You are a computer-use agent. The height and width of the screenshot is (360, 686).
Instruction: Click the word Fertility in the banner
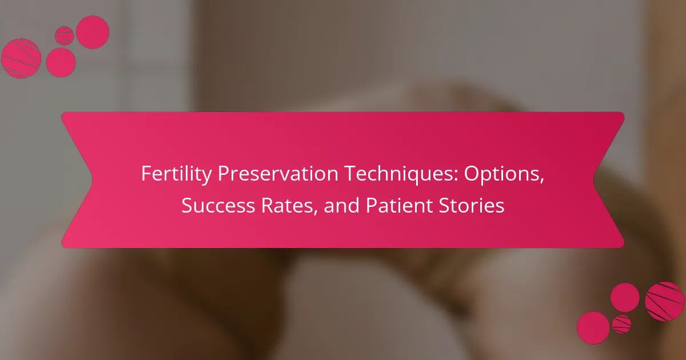[x=176, y=174]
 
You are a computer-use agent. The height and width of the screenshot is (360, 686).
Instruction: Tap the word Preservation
[x=278, y=173]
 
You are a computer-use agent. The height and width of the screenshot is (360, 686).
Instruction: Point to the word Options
[x=504, y=174]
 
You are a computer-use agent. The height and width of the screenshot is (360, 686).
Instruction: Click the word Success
[x=218, y=205]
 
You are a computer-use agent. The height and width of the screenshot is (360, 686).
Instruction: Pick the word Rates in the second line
[x=289, y=206]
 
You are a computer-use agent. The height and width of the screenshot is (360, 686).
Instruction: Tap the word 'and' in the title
[x=341, y=205]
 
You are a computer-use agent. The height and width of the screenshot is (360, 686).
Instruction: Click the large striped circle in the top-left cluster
[x=21, y=58]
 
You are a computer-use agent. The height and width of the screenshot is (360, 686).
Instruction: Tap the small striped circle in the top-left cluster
[x=64, y=36]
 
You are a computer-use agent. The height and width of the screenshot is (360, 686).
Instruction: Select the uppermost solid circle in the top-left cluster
[x=93, y=32]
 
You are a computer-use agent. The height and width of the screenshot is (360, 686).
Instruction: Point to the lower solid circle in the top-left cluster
[x=61, y=62]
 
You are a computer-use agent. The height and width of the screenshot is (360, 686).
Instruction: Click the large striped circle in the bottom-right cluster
[x=664, y=302]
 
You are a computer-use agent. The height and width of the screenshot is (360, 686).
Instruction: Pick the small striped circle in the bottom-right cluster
[x=622, y=324]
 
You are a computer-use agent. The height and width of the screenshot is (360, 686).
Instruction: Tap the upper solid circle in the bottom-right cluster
[x=625, y=298]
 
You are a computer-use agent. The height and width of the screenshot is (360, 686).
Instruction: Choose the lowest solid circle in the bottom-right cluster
[x=593, y=328]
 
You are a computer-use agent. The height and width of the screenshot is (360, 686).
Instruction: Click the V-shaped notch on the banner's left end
[x=92, y=180]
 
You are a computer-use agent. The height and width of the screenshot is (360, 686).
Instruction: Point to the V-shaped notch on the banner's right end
[x=594, y=180]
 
